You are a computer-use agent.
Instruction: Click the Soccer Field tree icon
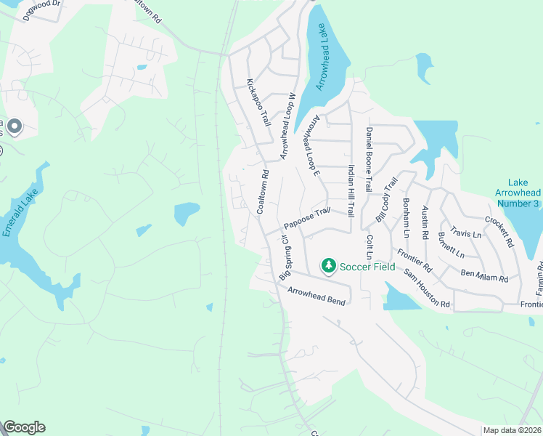[329, 266]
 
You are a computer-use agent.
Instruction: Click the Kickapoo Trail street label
[258, 102]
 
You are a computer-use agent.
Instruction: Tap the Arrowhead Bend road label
[316, 295]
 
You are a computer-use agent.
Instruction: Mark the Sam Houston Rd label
[427, 288]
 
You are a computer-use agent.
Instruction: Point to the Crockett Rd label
[499, 232]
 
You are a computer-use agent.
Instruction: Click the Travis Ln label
[465, 233]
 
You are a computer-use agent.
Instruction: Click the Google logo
[24, 427]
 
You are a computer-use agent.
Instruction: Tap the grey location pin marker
[15, 127]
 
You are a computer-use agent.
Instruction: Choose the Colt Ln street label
[369, 247]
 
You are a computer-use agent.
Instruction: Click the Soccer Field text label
[370, 267]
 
